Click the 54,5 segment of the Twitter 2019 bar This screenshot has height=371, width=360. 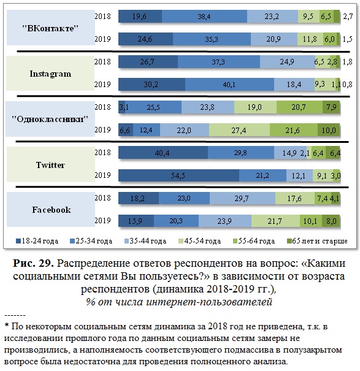point(178,175)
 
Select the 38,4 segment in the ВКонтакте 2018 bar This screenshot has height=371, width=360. point(204,17)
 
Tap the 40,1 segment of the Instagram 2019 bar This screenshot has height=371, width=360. point(229,85)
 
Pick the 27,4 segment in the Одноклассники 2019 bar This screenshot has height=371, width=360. point(239,130)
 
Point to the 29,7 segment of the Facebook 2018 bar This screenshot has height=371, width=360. point(242,198)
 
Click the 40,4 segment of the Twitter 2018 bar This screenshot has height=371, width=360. point(163,153)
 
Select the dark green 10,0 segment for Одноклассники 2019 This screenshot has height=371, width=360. point(329,130)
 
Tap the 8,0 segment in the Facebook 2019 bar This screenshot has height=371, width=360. point(331,221)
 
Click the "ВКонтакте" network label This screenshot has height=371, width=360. point(50,28)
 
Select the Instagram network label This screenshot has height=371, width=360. point(50,74)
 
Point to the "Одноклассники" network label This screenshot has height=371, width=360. point(50,119)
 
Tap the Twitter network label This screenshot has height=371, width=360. point(50,165)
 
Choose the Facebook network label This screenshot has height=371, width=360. point(52,210)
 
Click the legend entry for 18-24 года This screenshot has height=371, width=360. point(37,241)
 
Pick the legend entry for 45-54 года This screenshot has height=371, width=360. point(199,241)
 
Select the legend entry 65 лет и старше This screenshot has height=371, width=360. point(317,241)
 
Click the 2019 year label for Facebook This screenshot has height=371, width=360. point(102,221)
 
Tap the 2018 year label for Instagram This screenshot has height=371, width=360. point(102,61)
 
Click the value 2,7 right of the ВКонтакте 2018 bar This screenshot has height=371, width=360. point(348,17)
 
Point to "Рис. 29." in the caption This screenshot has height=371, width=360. point(33,263)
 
